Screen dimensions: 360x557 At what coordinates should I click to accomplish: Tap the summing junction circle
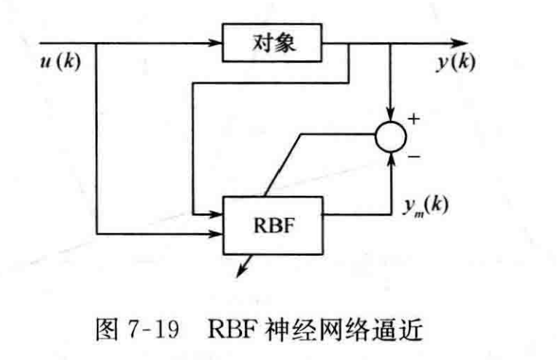(x=392, y=137)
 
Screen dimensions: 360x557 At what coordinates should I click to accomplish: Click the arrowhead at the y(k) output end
(x=459, y=42)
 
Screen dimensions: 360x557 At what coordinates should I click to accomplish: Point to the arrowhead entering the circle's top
(x=392, y=117)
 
